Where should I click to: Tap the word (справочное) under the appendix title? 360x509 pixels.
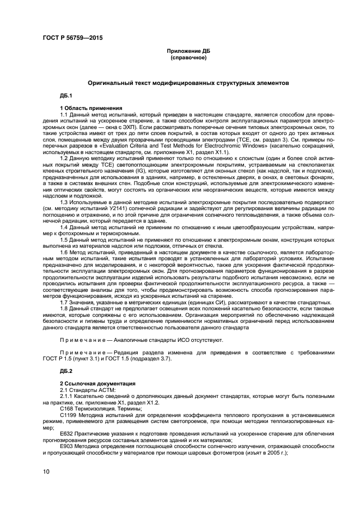click(188, 57)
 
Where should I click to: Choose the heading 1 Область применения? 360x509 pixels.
click(91, 108)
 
